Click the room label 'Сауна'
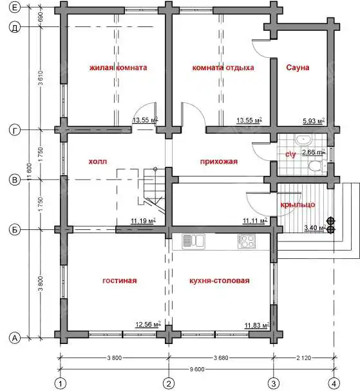point(298,68)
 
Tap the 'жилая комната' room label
point(118,68)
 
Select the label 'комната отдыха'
point(223,68)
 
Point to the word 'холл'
point(98,162)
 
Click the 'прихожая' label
point(219,162)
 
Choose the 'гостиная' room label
point(120,281)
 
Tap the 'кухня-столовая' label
point(220,281)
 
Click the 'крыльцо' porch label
point(298,205)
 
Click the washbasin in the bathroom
point(303,139)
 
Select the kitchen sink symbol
point(193,242)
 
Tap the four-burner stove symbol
point(246,242)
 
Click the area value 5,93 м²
point(314,121)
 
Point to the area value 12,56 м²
point(148,325)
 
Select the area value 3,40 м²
point(315,227)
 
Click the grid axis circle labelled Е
point(15,8)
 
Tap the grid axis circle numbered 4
point(334,383)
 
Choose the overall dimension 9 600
point(197,369)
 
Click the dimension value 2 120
point(304,358)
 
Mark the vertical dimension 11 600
point(30,172)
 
